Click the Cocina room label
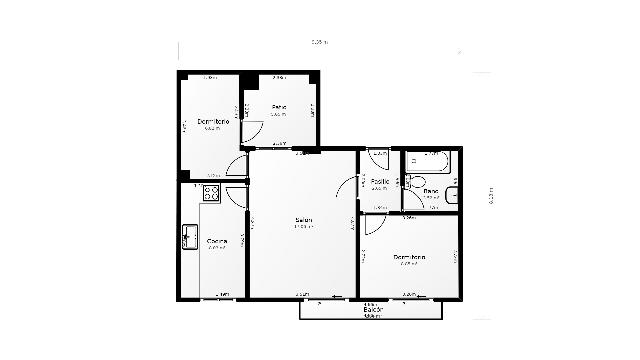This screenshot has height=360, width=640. coord(216,241)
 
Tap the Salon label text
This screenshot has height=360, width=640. coord(303,220)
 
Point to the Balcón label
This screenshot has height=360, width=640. coord(372,310)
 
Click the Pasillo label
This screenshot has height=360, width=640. coord(380,181)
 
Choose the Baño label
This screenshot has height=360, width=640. coord(430,190)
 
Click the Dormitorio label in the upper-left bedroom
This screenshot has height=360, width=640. coord(213,121)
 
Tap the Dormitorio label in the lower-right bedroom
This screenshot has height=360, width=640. coord(410,257)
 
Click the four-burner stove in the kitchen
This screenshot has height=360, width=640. coord(211,192)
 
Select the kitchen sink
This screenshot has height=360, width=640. coord(189,237)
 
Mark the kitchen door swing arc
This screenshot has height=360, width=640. coord(237,196)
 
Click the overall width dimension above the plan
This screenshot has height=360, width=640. coord(319,42)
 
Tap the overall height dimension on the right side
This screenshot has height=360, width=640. coord(490,198)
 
